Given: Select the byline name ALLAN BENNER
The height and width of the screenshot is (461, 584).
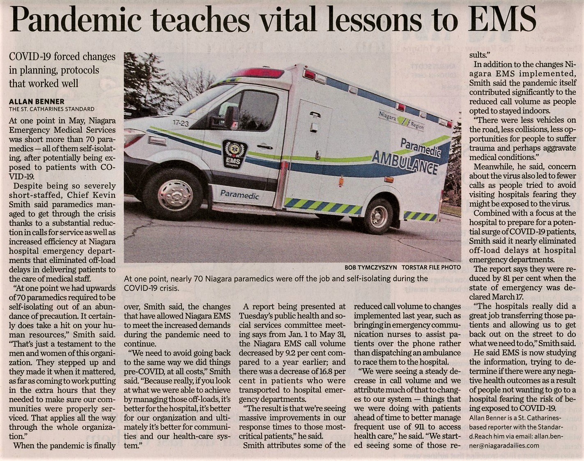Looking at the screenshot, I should click(37, 101).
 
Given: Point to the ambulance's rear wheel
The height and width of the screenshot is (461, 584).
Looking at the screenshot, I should click(378, 216).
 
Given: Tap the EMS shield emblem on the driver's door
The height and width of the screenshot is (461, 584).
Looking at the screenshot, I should click(235, 154).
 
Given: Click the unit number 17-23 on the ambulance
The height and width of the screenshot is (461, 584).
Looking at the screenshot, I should click(181, 123).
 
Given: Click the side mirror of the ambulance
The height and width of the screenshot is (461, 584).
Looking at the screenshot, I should click(231, 117).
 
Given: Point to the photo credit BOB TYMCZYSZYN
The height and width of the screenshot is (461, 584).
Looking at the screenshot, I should click(370, 267).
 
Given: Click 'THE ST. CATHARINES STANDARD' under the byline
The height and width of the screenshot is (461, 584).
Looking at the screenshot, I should click(52, 109).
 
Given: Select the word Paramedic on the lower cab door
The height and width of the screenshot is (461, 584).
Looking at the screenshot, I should click(239, 195).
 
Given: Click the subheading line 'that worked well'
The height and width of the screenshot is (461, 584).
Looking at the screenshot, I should click(44, 83).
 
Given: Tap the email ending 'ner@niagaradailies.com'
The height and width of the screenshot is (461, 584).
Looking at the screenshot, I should click(504, 445).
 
